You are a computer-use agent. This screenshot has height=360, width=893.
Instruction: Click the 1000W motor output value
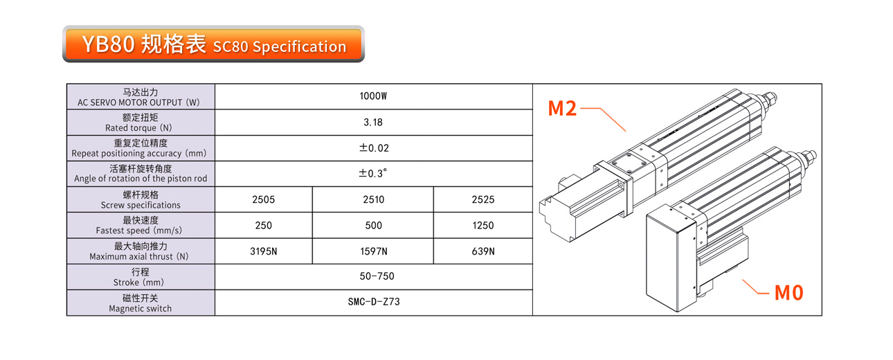[373, 96]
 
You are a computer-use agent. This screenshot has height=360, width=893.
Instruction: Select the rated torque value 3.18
[373, 123]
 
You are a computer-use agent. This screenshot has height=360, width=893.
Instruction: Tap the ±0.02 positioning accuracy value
[374, 148]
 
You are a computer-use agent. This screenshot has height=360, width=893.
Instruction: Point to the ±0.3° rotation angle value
[372, 173]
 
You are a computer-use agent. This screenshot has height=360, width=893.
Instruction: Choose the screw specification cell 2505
[264, 199]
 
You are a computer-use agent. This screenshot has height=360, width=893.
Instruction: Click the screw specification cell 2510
[374, 199]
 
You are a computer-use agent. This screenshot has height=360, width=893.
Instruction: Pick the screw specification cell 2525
[483, 199]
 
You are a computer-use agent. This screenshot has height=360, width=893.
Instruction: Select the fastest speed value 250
[264, 225]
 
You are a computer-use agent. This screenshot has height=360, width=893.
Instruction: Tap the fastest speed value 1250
[483, 225]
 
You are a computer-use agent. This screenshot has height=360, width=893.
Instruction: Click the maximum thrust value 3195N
[264, 251]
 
